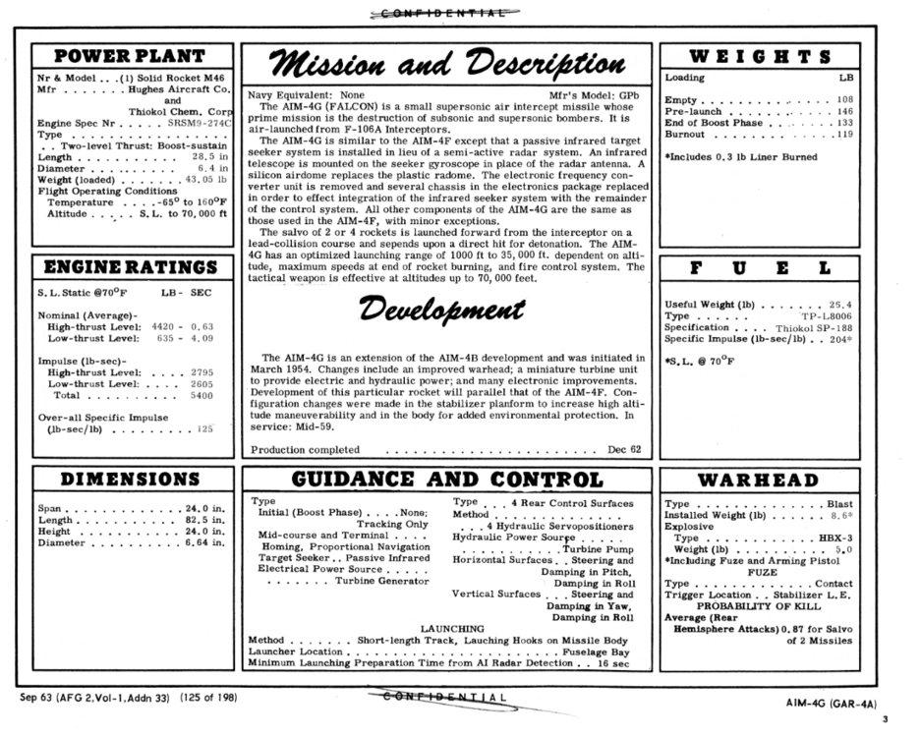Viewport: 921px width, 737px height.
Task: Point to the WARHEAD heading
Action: (758, 480)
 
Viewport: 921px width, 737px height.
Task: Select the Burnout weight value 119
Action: (842, 135)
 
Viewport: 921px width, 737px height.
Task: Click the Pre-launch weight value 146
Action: (842, 112)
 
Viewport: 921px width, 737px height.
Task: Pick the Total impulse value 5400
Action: (201, 395)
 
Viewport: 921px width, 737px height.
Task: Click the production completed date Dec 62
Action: (623, 449)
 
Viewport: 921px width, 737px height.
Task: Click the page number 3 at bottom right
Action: (884, 719)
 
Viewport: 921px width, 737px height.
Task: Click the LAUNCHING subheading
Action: (452, 627)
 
